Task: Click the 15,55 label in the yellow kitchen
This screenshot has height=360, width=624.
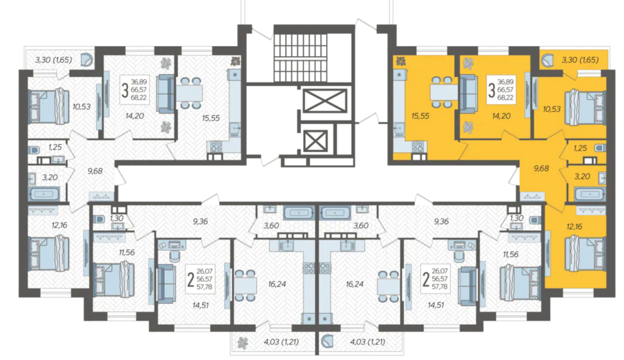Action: (x=420, y=116)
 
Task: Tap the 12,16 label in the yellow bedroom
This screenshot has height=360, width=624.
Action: (x=574, y=227)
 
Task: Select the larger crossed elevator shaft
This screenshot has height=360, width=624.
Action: (x=325, y=101)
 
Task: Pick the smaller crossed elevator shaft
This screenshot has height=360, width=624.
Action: (x=315, y=141)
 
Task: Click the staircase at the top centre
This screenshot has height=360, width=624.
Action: (x=300, y=54)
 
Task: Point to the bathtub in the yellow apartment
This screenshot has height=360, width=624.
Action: (x=590, y=194)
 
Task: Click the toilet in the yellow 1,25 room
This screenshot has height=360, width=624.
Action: (x=600, y=148)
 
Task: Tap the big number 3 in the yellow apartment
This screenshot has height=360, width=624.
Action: (x=492, y=91)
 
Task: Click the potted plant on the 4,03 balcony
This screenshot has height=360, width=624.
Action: (x=243, y=342)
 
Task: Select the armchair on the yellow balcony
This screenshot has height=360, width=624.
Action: (x=548, y=60)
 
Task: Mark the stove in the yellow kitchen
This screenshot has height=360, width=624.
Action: (x=417, y=146)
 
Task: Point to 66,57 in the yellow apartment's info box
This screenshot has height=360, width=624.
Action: (x=505, y=90)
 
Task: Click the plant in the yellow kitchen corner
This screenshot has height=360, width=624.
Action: (x=400, y=61)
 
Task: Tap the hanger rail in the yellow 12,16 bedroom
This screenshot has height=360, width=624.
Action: (x=592, y=211)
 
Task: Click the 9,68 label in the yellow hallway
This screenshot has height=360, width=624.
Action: (x=541, y=169)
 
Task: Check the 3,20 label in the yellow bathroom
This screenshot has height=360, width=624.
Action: (x=582, y=176)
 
